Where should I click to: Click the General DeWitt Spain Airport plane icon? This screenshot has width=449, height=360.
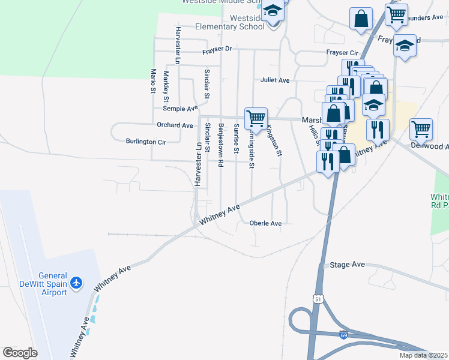pyautogui.click(x=76, y=281)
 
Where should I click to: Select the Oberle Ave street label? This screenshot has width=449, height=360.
pyautogui.click(x=265, y=224)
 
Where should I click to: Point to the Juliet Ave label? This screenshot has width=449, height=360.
pyautogui.click(x=275, y=80)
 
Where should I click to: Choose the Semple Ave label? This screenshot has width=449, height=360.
pyautogui.click(x=180, y=109)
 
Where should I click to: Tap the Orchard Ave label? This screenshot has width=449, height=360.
pyautogui.click(x=175, y=125)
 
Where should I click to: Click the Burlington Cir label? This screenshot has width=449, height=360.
pyautogui.click(x=145, y=142)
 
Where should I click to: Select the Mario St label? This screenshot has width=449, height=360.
pyautogui.click(x=153, y=81)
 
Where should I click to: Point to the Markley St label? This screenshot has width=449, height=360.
pyautogui.click(x=167, y=86)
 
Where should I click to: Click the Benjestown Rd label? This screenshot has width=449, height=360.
pyautogui.click(x=221, y=144)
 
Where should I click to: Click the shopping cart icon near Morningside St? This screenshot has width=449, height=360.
pyautogui.click(x=256, y=118)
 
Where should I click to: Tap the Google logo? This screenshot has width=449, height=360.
pyautogui.click(x=20, y=353)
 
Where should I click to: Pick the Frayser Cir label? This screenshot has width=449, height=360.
pyautogui.click(x=341, y=53)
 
